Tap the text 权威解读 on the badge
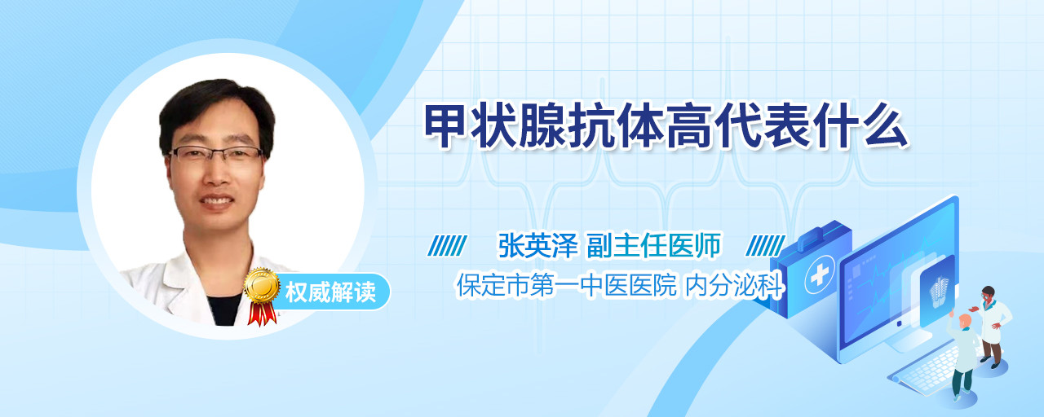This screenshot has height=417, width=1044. pyautogui.click(x=330, y=292)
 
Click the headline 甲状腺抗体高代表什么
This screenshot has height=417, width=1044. pyautogui.click(x=666, y=126)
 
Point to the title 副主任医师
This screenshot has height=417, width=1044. pyautogui.click(x=653, y=245)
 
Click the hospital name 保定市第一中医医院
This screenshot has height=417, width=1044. pyautogui.click(x=567, y=285)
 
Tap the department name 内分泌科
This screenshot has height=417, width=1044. pyautogui.click(x=735, y=285)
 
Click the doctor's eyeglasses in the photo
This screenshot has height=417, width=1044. pyautogui.click(x=216, y=154)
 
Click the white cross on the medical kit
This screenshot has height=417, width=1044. pyautogui.click(x=820, y=275)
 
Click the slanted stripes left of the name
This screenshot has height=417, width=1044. pyautogui.click(x=448, y=245)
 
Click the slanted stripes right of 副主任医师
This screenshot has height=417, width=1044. pyautogui.click(x=765, y=245)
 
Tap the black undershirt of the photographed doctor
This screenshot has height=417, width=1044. pyautogui.click(x=224, y=309)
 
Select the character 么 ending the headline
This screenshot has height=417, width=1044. pyautogui.click(x=886, y=126)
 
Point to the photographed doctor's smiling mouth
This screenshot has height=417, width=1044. pyautogui.click(x=217, y=201)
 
